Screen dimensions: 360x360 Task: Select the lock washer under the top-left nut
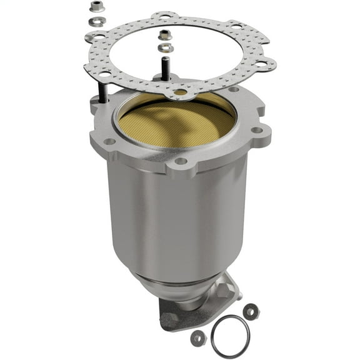coord(96,22)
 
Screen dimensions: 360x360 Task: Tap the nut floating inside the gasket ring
coord(164,35)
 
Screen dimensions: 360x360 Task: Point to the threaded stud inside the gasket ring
coord(166,67)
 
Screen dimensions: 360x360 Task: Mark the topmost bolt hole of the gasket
coord(165,15)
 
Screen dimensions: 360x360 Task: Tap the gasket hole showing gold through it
coord(181,92)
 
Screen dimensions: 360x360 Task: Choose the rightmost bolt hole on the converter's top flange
coord(256,131)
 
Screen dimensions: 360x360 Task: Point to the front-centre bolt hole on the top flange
coord(181,161)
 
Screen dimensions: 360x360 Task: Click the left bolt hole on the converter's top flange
coord(110,141)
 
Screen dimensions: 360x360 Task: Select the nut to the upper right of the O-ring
coord(251,311)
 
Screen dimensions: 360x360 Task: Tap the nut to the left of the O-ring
coord(198,337)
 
